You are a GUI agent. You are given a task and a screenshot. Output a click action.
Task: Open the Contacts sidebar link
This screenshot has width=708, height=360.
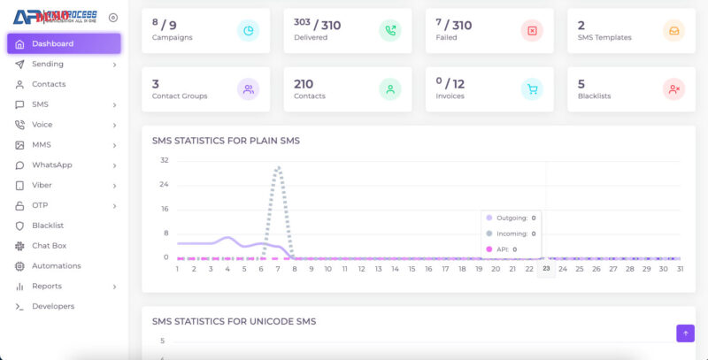tap(49, 84)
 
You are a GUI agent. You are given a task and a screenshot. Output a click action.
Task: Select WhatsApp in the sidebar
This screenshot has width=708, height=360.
tap(51, 165)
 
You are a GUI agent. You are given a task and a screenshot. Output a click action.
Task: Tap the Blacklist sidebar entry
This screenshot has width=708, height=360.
tap(48, 226)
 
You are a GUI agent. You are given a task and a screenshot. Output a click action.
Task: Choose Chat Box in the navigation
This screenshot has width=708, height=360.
tap(49, 246)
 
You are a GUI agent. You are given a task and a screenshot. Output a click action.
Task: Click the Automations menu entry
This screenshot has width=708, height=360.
tap(56, 265)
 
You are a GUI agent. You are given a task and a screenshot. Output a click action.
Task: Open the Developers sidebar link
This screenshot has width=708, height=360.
tap(53, 306)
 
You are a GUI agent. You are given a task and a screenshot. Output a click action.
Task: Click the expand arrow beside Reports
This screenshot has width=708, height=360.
tap(114, 287)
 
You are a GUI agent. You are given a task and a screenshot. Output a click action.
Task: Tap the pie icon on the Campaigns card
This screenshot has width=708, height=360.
tap(248, 31)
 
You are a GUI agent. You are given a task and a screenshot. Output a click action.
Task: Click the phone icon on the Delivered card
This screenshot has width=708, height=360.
tap(390, 31)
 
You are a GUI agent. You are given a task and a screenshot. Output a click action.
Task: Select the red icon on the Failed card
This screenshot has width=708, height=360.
tap(532, 31)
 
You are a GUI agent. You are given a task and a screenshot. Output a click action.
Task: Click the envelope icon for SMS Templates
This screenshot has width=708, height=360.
tap(673, 31)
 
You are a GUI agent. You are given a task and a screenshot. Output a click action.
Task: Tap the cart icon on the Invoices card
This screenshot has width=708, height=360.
tap(532, 89)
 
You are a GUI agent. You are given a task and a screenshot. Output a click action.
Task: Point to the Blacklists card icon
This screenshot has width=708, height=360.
tap(673, 89)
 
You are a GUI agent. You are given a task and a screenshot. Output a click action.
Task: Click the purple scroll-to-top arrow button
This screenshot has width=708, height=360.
tap(685, 333)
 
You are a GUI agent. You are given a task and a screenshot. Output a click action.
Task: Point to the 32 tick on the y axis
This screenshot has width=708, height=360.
tap(165, 160)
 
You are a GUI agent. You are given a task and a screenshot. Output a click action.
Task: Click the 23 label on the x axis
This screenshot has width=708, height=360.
tap(546, 269)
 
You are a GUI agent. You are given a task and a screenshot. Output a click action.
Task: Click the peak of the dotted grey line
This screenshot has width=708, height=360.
tap(278, 167)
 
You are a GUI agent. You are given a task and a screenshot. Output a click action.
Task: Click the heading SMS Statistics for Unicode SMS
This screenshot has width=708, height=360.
tap(234, 321)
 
